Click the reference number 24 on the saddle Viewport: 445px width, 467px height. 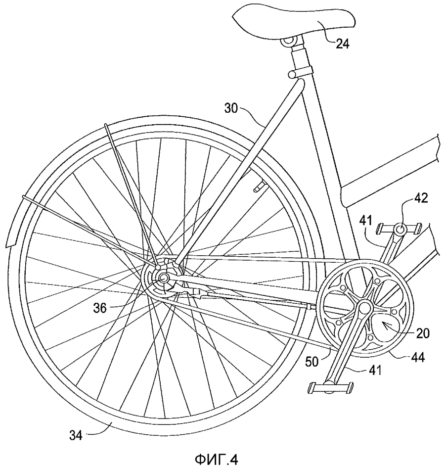pyautogui.click(x=342, y=44)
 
